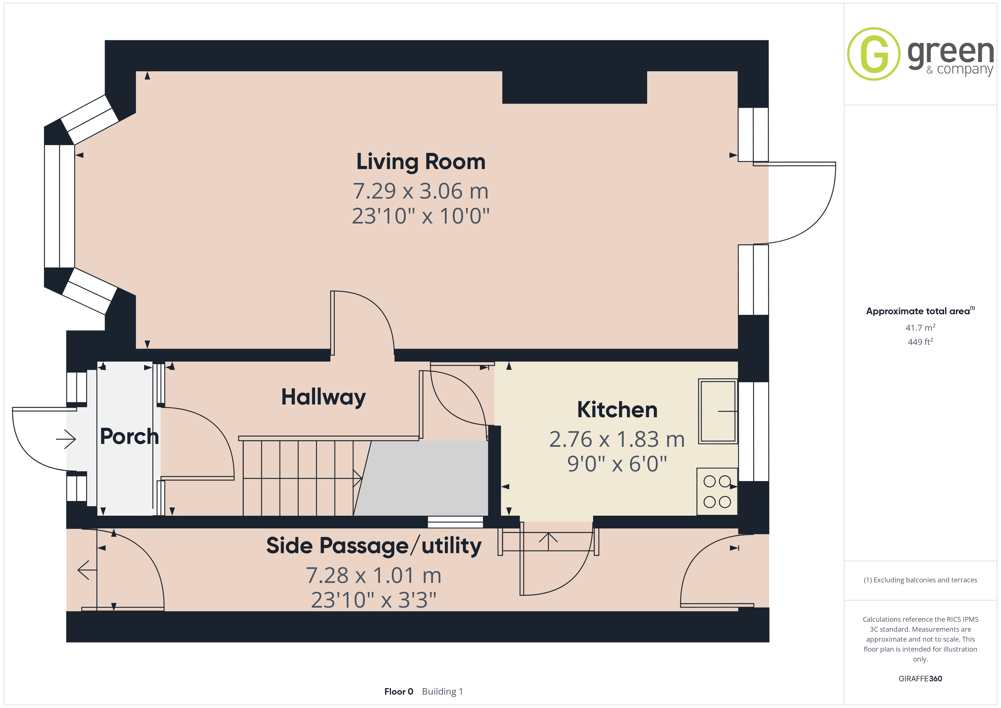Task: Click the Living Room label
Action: tap(421, 162)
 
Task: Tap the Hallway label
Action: tap(323, 397)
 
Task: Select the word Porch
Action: tap(129, 436)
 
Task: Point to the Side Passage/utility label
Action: tap(374, 546)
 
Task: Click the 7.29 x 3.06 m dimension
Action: tap(421, 191)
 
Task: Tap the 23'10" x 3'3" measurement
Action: tap(374, 600)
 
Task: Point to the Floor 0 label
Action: tap(398, 692)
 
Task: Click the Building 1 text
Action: tap(443, 692)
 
